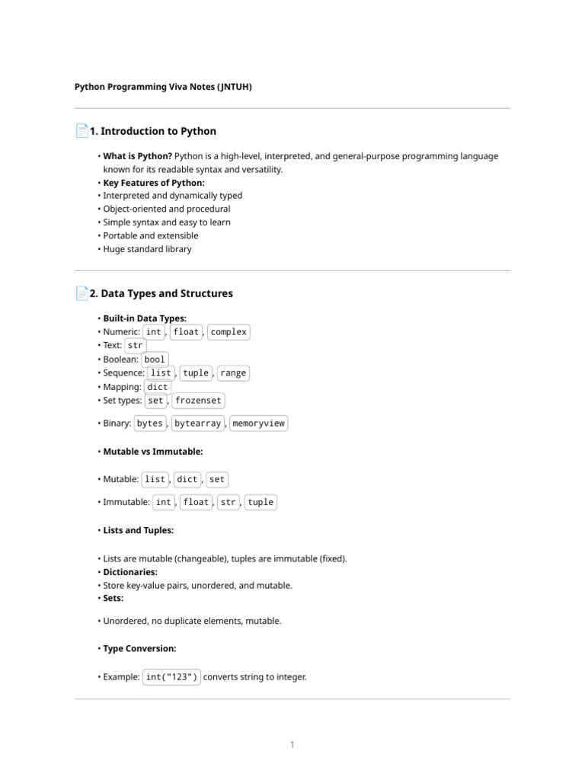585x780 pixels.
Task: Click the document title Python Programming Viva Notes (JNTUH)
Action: pos(163,87)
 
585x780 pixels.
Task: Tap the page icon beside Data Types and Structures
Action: pos(82,293)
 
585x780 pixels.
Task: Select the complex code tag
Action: pos(229,332)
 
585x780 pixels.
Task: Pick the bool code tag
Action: pos(155,360)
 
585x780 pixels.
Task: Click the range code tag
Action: pos(232,373)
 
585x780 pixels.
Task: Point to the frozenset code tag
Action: pos(198,401)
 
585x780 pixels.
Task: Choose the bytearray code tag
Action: pos(197,424)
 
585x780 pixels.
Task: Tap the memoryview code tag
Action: pos(258,424)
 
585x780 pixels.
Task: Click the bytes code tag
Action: pos(150,424)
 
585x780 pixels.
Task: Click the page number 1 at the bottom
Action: pos(292,744)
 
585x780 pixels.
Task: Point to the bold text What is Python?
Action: pos(137,156)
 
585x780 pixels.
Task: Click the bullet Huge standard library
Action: pos(147,249)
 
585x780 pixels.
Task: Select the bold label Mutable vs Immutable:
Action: pos(153,452)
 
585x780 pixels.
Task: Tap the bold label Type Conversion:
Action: pos(139,649)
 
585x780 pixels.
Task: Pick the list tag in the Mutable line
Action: pos(155,480)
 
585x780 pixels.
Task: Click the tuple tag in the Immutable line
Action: pos(261,503)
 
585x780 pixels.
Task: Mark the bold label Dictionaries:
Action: pos(130,572)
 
